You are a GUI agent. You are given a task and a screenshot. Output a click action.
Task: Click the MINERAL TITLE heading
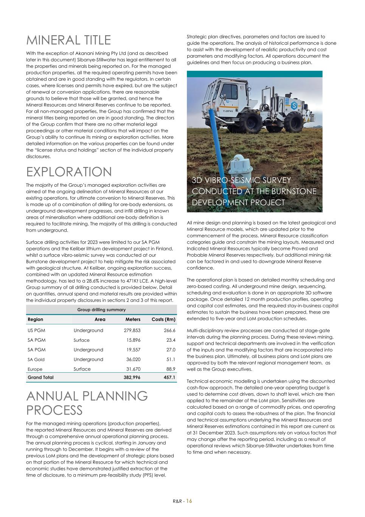point(68,40)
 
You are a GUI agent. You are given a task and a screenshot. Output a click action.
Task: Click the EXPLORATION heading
point(69,172)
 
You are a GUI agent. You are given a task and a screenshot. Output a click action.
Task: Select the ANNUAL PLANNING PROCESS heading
point(87,403)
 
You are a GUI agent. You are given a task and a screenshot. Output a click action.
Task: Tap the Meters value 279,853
point(132,330)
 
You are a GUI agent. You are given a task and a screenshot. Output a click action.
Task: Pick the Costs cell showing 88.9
point(171,369)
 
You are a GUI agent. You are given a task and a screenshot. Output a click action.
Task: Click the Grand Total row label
point(40,377)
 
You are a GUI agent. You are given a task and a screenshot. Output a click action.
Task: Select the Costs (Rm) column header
point(163,319)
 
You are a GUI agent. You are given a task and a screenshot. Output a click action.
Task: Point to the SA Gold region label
point(36,359)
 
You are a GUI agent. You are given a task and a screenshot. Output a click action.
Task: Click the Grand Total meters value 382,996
point(132,377)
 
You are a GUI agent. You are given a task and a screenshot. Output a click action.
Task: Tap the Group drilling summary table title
point(101,309)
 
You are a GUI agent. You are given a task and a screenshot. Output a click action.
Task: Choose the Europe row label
point(35,369)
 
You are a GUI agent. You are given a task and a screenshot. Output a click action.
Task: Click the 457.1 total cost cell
point(169,377)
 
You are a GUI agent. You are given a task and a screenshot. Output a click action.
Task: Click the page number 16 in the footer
point(189,501)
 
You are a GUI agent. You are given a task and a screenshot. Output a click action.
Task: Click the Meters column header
point(133,319)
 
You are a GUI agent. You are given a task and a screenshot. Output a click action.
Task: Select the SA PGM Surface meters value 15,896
point(133,340)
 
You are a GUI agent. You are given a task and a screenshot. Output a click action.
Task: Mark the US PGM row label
point(36,330)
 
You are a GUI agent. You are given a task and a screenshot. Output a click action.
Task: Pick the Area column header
point(100,319)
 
